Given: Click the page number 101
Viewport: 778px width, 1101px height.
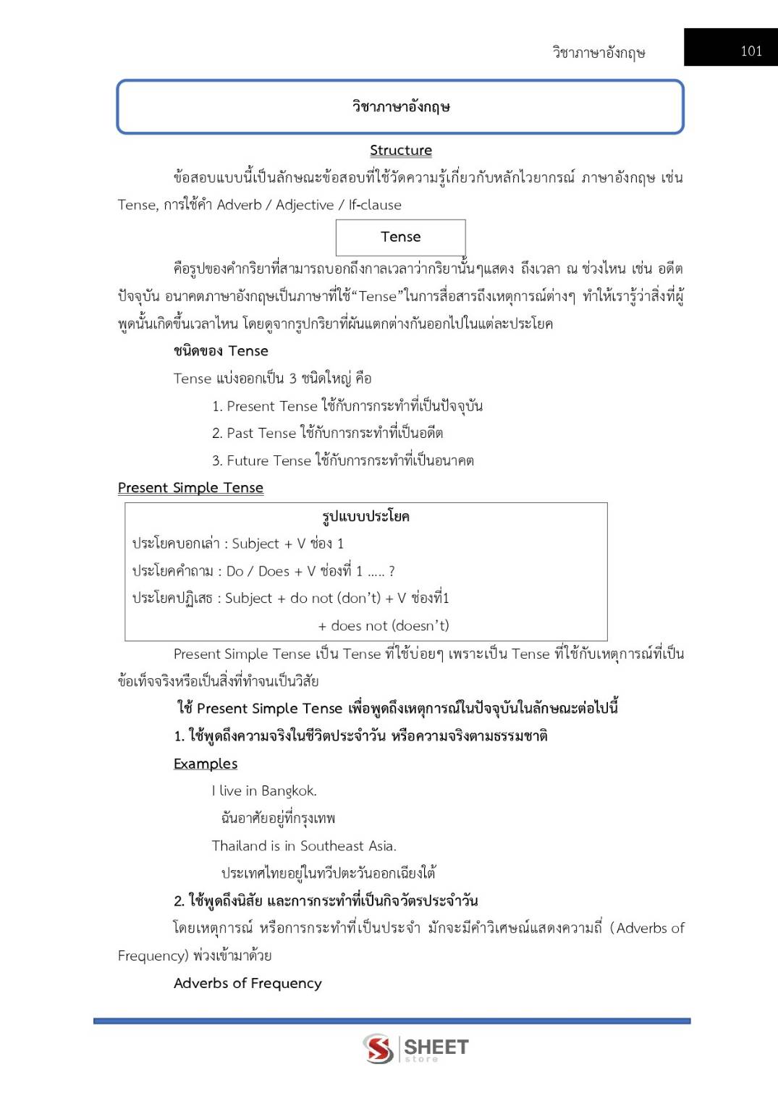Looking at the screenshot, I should pyautogui.click(x=751, y=51).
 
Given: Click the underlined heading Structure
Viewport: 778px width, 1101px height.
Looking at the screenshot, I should pyautogui.click(x=401, y=150).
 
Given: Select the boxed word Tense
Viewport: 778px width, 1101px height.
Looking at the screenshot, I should pyautogui.click(x=400, y=237).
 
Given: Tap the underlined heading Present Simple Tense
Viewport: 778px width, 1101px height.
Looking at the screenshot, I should pyautogui.click(x=190, y=488).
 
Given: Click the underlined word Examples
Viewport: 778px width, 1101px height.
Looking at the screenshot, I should pyautogui.click(x=206, y=764).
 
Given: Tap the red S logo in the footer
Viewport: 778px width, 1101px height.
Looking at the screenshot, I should pyautogui.click(x=378, y=1048).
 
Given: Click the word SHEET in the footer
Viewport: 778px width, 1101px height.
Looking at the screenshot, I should pyautogui.click(x=436, y=1047).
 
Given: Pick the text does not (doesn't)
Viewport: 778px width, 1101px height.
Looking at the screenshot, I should pyautogui.click(x=389, y=625).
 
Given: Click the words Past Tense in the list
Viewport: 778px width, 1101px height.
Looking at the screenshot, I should pyautogui.click(x=261, y=433).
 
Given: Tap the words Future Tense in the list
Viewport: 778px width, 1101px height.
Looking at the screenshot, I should pyautogui.click(x=269, y=460).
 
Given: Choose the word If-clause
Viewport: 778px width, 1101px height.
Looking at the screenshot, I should pyautogui.click(x=375, y=205).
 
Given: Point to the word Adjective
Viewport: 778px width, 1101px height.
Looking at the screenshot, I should pyautogui.click(x=305, y=205).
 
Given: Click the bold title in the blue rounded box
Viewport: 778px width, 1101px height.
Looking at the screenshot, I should pyautogui.click(x=401, y=106).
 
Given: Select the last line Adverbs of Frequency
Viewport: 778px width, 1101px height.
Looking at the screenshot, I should pyautogui.click(x=248, y=983).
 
